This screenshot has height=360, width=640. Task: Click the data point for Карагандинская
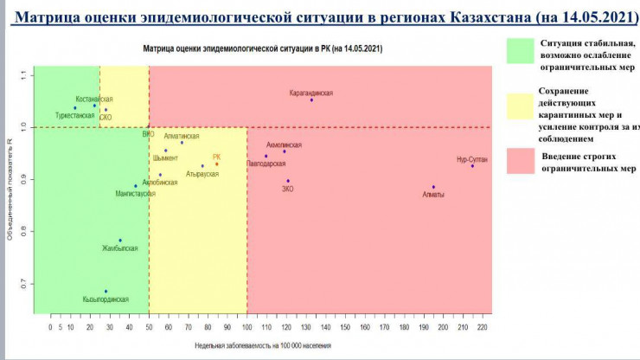pos(311,100)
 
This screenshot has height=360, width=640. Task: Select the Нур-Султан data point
pos(472,165)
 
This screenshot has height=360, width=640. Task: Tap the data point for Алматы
pos(433,187)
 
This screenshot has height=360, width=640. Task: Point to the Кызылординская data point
pos(106,292)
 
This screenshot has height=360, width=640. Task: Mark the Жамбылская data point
pos(120,241)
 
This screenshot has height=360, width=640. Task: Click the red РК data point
pos(217,164)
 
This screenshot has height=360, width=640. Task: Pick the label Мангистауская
pos(134,194)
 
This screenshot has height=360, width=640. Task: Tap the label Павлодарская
pos(266,163)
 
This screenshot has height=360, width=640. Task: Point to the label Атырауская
pos(202,174)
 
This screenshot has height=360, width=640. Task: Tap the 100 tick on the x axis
pos(246,328)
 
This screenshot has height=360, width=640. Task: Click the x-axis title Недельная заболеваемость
pos(263,345)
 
